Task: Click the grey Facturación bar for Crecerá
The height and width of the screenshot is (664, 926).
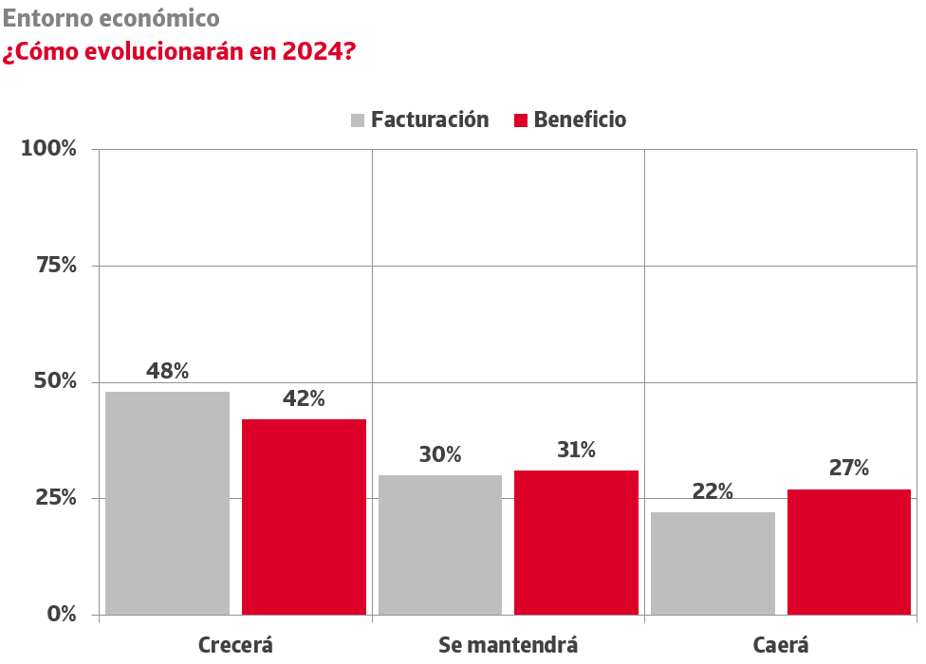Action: tap(167, 503)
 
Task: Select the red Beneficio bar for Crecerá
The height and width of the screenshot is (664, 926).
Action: tap(304, 517)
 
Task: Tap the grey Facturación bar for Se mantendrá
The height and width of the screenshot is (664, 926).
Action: tap(440, 544)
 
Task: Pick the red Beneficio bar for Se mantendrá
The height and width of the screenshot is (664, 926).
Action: tap(576, 543)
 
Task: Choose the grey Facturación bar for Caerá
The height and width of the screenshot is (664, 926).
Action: tap(713, 563)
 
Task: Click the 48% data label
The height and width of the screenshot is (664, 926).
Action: tap(167, 371)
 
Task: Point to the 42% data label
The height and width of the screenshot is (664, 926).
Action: tap(304, 398)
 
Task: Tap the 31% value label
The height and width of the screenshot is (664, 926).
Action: tap(576, 450)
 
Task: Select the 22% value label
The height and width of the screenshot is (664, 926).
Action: tap(713, 491)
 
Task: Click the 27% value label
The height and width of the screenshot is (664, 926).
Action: tap(849, 468)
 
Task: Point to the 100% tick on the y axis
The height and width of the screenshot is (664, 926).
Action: tap(49, 149)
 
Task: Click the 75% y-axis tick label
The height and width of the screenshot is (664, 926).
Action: tap(55, 266)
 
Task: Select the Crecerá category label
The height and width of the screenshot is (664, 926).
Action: tap(235, 645)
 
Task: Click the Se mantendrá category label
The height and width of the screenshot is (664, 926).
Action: tap(508, 645)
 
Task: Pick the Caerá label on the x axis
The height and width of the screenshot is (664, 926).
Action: tap(781, 645)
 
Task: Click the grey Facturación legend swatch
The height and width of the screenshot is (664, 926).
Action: tap(358, 120)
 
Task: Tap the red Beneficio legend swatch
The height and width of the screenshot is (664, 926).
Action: tap(520, 120)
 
